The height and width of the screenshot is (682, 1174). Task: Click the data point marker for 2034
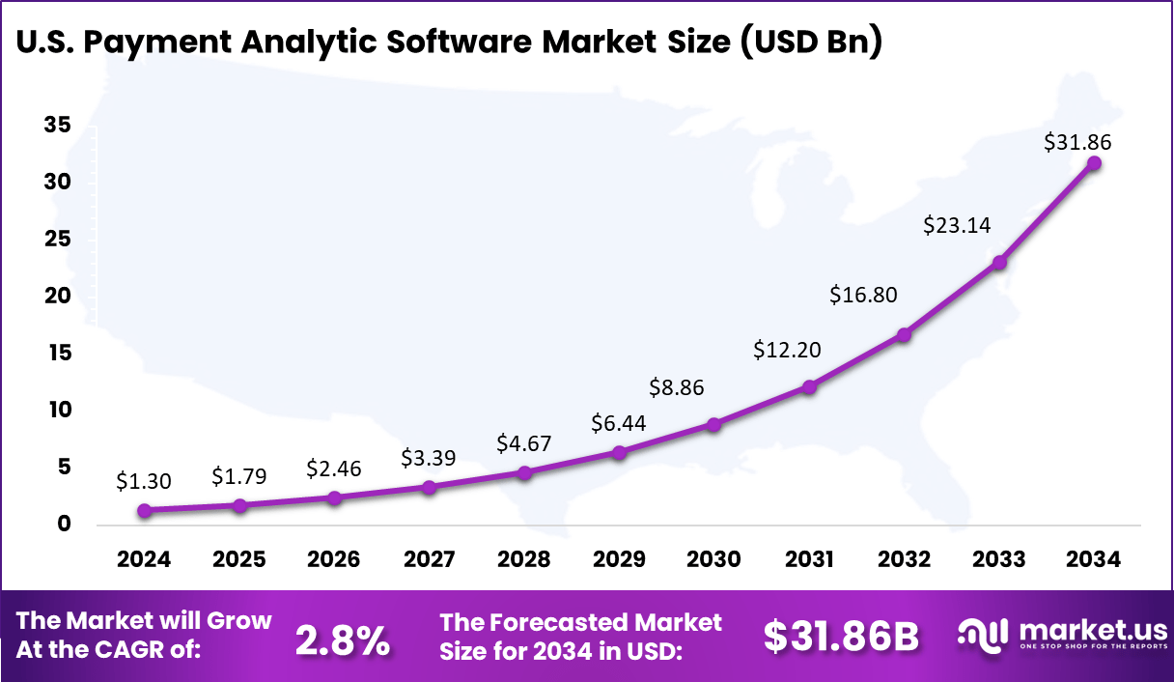(1094, 163)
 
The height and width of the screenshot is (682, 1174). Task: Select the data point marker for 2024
(144, 510)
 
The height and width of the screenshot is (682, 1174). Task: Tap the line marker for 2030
(713, 424)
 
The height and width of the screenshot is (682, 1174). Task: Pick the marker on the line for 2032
(904, 334)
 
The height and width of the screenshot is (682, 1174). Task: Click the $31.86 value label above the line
(1077, 142)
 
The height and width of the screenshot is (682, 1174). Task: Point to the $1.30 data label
(144, 480)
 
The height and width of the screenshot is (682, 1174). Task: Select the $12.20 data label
(787, 350)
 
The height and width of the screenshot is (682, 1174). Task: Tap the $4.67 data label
(523, 443)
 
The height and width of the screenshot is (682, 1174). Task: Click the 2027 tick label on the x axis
(429, 560)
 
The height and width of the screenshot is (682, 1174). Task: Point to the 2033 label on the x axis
(999, 560)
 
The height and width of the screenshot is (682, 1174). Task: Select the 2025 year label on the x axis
(238, 560)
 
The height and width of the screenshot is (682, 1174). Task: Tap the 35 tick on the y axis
(57, 126)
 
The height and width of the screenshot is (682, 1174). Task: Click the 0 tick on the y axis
(64, 525)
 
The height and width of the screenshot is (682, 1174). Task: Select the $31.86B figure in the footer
(841, 636)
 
